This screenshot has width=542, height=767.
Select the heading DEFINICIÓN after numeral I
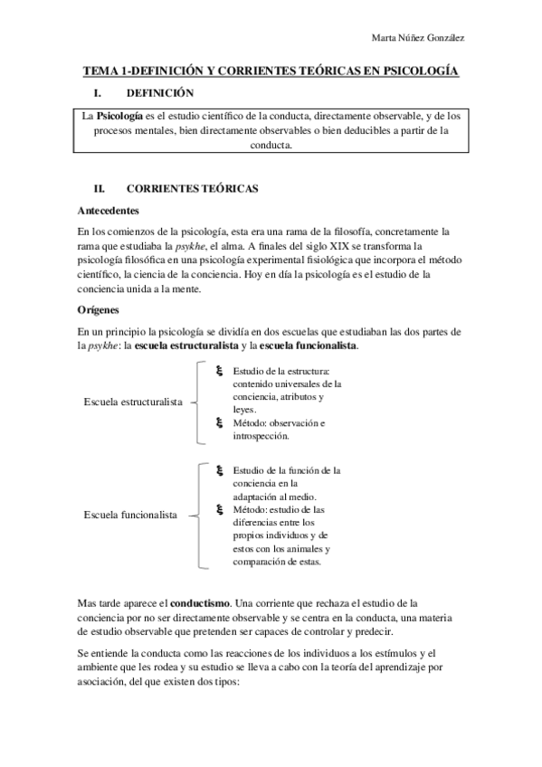pyautogui.click(x=159, y=93)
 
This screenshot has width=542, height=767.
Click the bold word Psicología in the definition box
pyautogui.click(x=120, y=117)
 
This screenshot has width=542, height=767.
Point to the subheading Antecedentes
pyautogui.click(x=108, y=210)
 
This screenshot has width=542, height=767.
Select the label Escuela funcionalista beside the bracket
pyautogui.click(x=129, y=516)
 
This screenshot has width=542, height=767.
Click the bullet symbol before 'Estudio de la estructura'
pyautogui.click(x=220, y=371)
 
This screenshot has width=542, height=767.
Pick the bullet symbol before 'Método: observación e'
pyautogui.click(x=220, y=422)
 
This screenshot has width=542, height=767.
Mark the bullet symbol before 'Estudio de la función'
pyautogui.click(x=220, y=470)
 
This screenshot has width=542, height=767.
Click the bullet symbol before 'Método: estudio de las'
pyautogui.click(x=220, y=509)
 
